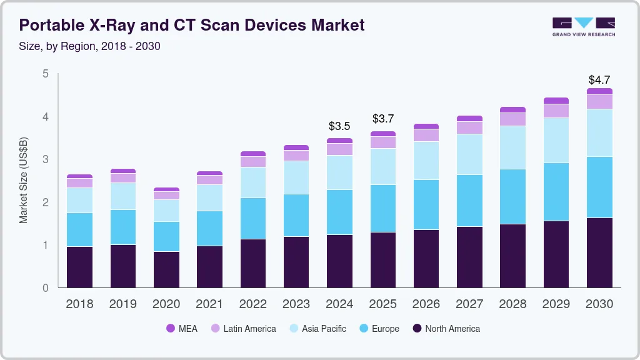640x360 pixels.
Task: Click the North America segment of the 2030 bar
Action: (599, 252)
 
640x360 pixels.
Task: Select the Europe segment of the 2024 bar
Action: (339, 212)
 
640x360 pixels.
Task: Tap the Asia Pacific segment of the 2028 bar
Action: (512, 147)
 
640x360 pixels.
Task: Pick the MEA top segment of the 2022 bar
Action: (252, 154)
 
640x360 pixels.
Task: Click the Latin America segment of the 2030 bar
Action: (599, 102)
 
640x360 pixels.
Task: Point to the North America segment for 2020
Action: (166, 269)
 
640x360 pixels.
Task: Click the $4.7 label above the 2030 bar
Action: (599, 80)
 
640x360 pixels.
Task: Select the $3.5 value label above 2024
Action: (339, 126)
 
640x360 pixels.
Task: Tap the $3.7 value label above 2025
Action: (382, 119)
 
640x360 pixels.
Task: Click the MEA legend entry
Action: (182, 329)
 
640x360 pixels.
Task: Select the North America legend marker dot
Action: (416, 329)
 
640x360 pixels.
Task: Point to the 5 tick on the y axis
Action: (45, 74)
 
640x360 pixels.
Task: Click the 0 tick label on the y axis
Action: (45, 288)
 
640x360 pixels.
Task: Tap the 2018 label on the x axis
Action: (79, 304)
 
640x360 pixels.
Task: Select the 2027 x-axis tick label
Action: (469, 304)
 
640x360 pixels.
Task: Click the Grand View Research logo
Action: (583, 26)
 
